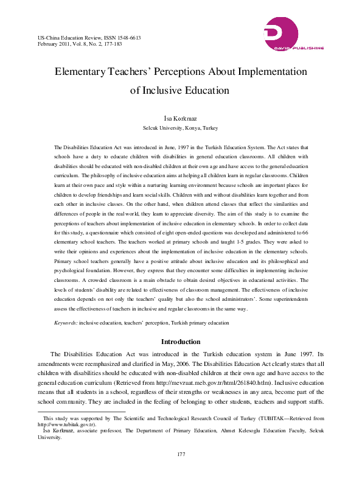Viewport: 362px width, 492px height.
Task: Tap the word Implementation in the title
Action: click(266, 71)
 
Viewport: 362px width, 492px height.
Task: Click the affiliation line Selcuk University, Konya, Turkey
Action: click(180, 128)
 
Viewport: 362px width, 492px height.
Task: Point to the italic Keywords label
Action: click(65, 322)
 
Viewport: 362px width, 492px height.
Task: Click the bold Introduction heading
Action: click(180, 342)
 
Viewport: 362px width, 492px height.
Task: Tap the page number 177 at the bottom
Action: click(180, 471)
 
